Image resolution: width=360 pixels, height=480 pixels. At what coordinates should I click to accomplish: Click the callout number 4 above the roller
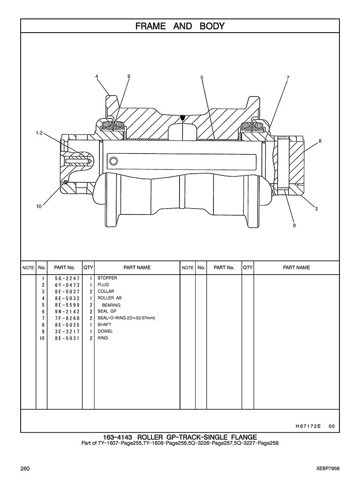pos(97,76)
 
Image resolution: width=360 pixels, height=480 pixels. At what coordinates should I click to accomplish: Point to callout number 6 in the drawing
pos(129,76)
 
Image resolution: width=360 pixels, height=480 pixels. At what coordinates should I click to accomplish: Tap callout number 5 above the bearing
pos(202,78)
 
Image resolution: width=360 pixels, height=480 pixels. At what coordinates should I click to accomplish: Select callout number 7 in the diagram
pos(288,78)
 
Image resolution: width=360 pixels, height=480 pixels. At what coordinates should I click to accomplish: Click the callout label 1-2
pos(40,133)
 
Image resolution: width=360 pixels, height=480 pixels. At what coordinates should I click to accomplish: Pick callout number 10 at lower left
pos(39,206)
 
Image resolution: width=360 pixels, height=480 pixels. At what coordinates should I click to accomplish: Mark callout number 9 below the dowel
pos(294,225)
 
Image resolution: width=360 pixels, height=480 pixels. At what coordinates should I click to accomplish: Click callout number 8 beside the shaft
pos(320,141)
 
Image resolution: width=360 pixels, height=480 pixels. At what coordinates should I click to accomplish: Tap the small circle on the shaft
pos(114,160)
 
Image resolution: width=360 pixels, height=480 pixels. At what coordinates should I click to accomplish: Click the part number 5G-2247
pos(67,278)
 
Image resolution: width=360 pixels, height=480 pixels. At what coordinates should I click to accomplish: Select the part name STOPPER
pos(107,278)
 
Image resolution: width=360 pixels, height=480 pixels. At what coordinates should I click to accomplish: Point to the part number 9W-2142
pos(67,311)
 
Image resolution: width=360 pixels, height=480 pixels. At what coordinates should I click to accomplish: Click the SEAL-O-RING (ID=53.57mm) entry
pos(126,318)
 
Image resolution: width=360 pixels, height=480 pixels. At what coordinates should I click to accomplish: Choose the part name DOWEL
pos(105,331)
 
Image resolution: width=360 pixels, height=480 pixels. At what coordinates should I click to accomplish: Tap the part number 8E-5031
pos(67,338)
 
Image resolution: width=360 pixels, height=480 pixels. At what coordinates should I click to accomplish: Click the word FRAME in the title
pos(150,26)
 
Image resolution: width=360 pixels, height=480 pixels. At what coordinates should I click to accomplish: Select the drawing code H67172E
pos(308,426)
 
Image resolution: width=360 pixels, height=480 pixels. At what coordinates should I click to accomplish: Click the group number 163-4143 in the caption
pos(118,437)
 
